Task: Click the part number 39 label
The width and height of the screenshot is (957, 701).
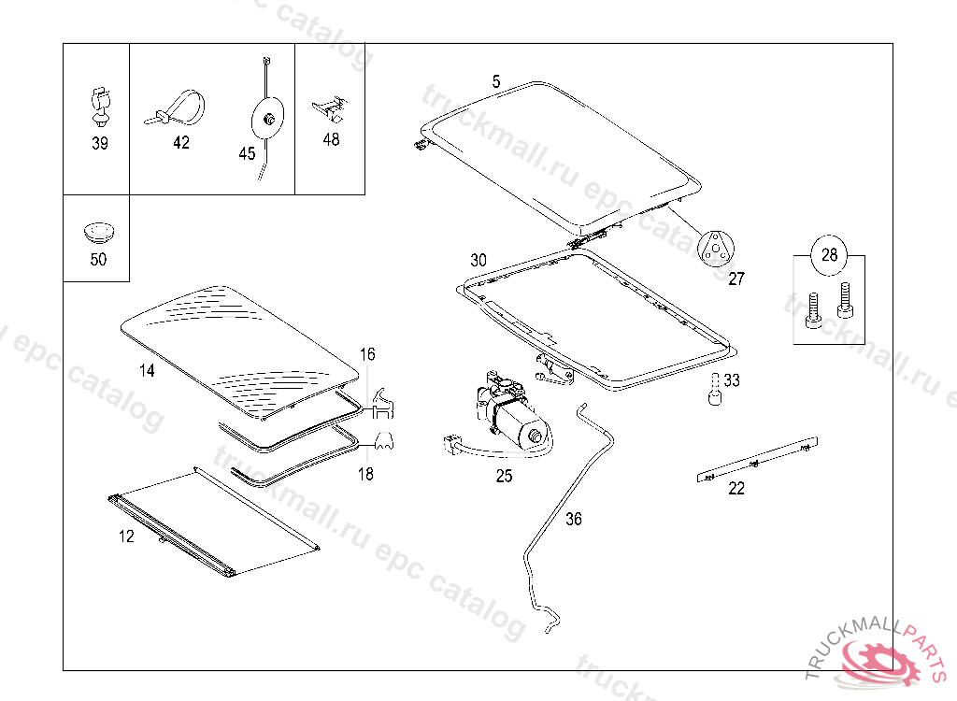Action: pyautogui.click(x=99, y=143)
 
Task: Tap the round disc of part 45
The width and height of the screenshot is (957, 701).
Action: pyautogui.click(x=268, y=119)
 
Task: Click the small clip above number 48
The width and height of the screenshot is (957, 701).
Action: pyautogui.click(x=331, y=107)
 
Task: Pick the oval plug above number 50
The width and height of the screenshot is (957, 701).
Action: pyautogui.click(x=97, y=228)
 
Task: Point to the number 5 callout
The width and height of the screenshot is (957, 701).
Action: pyautogui.click(x=496, y=82)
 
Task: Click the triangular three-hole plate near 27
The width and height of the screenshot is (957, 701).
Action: pyautogui.click(x=716, y=248)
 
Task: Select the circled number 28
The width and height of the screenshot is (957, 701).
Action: pyautogui.click(x=829, y=254)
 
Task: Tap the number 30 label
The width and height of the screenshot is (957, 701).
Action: pyautogui.click(x=478, y=260)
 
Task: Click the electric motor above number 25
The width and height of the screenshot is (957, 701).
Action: pyautogui.click(x=509, y=416)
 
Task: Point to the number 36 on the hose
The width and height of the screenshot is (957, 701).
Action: pyautogui.click(x=574, y=519)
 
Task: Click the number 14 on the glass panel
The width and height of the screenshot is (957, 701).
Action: pyautogui.click(x=147, y=370)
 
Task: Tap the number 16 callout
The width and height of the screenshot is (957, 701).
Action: pyautogui.click(x=367, y=354)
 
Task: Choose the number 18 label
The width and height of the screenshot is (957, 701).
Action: pyautogui.click(x=365, y=474)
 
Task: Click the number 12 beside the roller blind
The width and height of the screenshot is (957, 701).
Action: pyautogui.click(x=126, y=536)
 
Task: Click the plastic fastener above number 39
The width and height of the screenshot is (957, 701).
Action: pyautogui.click(x=100, y=106)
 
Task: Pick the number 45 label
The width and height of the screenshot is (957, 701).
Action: pyautogui.click(x=247, y=153)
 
